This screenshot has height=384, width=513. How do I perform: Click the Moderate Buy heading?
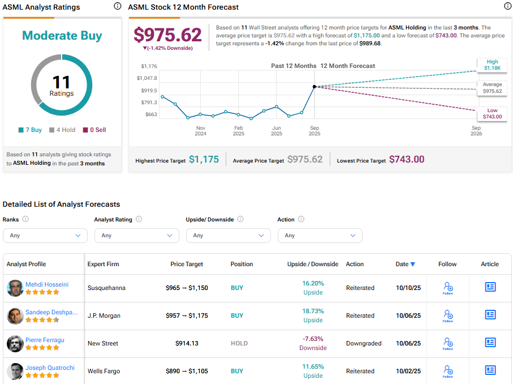(62, 36)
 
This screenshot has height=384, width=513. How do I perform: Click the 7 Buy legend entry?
(30, 130)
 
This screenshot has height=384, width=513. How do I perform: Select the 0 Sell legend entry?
(94, 130)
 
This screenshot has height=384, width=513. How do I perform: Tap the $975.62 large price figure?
(167, 35)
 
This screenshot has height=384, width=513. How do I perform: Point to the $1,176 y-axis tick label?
(149, 66)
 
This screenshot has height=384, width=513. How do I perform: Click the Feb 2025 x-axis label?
(239, 131)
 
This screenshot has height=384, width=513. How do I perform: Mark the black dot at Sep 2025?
(314, 87)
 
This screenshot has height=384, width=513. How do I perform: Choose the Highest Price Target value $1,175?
(204, 160)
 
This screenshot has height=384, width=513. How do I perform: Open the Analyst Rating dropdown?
(136, 236)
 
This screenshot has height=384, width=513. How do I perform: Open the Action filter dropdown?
(320, 236)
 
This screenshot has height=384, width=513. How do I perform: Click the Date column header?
(405, 264)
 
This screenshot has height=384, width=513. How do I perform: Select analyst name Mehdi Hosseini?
(47, 284)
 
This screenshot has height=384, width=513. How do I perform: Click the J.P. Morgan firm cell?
(104, 315)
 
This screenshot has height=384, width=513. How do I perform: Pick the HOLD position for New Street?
(239, 343)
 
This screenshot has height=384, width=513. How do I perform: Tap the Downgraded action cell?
(364, 343)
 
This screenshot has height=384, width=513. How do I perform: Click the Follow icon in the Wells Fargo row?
(448, 370)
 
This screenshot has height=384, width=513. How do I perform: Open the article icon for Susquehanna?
(490, 287)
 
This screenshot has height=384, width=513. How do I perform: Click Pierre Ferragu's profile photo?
(15, 343)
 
